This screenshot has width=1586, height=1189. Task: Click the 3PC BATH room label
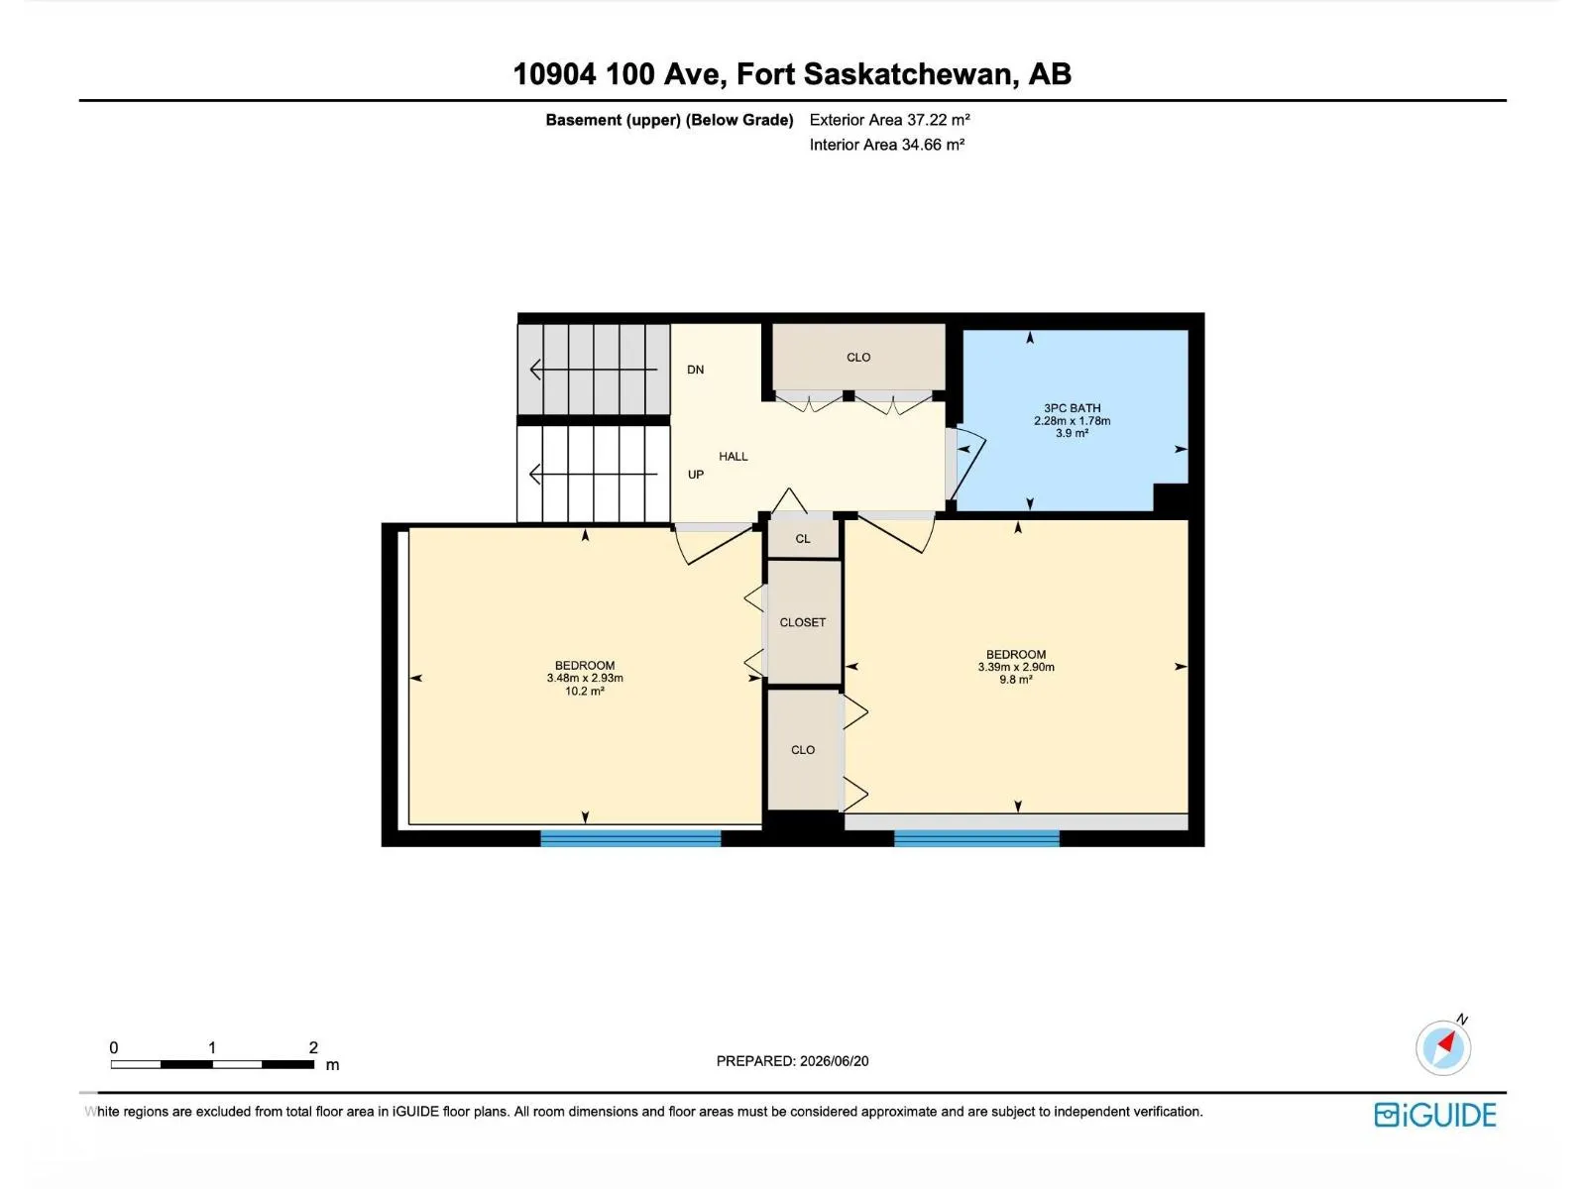[1072, 408]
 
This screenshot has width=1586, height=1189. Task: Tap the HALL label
[733, 456]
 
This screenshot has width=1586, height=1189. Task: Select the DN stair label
[695, 370]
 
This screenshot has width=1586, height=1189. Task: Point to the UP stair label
[695, 475]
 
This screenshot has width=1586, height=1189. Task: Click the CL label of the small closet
[803, 539]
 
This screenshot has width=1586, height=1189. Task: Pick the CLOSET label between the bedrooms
[802, 622]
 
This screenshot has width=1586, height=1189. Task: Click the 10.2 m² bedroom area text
[585, 691]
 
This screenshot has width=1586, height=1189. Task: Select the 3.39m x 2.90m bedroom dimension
[1016, 667]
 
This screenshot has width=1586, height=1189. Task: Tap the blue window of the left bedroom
[630, 837]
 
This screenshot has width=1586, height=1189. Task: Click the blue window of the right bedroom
[976, 837]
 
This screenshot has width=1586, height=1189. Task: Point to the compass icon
[1442, 1047]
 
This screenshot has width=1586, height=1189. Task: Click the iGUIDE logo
[1435, 1115]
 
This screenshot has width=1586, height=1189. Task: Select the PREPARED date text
[792, 1061]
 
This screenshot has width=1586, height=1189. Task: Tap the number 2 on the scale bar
[313, 1046]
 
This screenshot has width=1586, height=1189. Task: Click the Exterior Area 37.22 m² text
[889, 120]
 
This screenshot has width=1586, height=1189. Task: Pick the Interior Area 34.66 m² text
[886, 145]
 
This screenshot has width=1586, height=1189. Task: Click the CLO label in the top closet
[858, 358]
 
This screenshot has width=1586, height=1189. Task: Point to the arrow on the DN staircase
[593, 370]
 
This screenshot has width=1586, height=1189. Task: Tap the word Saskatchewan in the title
[907, 74]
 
